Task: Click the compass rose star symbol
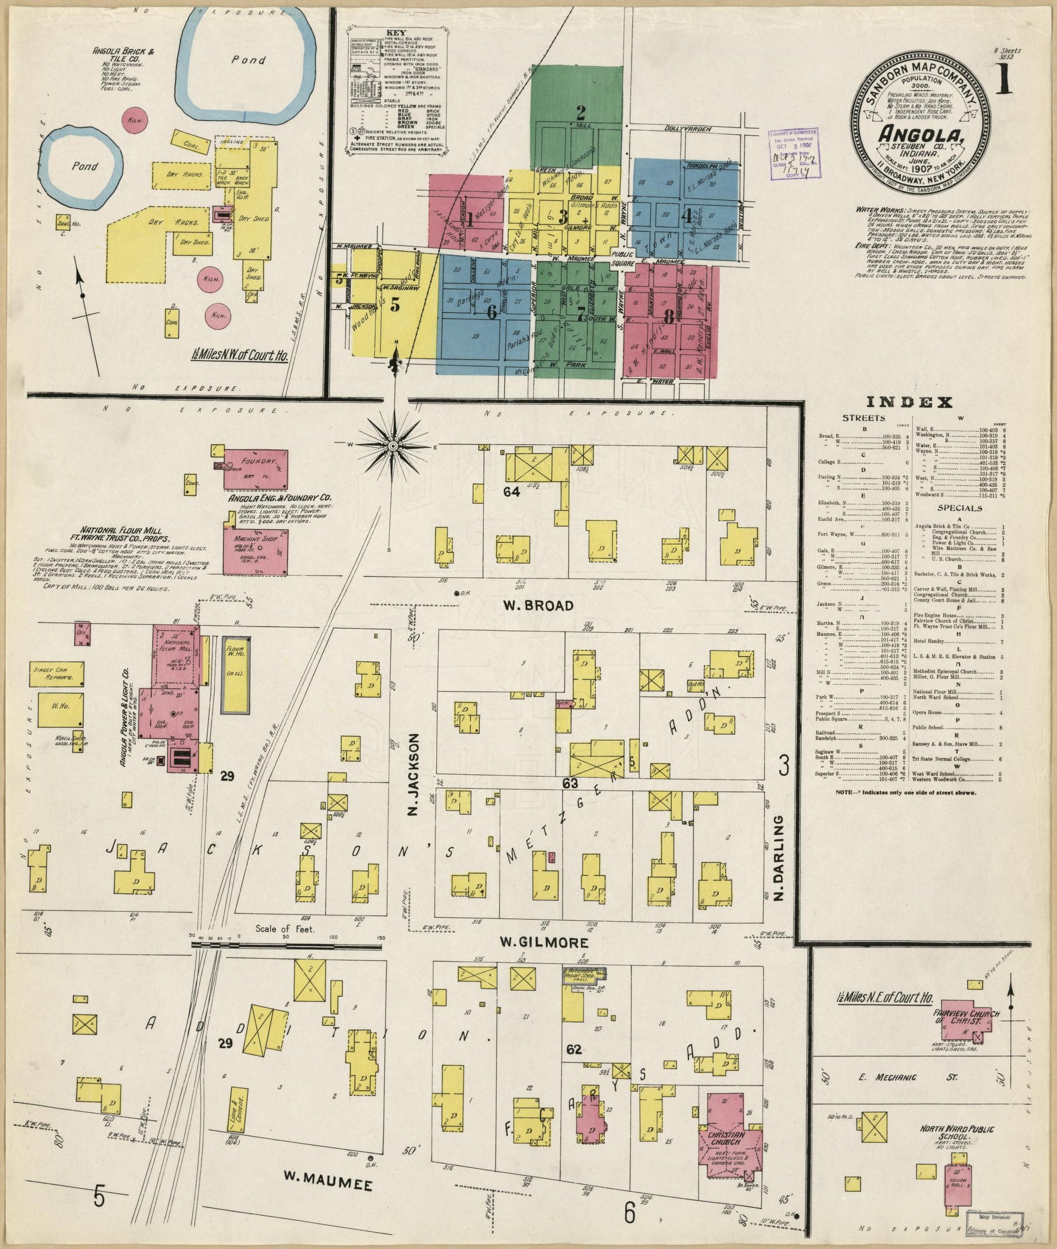[x=393, y=445]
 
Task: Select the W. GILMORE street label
[x=544, y=943]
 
